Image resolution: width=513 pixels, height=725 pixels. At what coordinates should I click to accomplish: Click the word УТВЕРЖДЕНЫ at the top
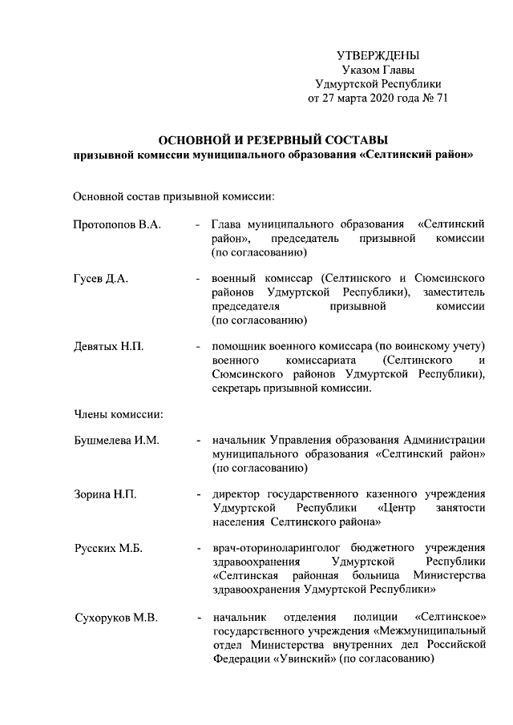377,55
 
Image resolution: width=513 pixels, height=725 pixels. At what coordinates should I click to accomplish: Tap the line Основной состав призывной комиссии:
175,196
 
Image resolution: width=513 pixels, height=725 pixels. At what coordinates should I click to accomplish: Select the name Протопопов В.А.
117,225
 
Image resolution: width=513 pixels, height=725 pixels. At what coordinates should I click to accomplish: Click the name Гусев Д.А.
101,277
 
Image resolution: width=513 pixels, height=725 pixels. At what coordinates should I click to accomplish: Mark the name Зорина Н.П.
105,493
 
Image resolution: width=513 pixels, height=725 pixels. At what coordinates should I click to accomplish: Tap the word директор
236,493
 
